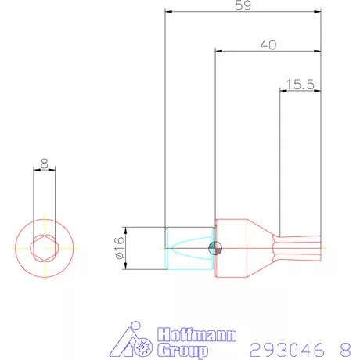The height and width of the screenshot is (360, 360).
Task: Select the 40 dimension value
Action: point(268,45)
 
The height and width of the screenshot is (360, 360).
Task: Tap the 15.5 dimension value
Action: point(299,84)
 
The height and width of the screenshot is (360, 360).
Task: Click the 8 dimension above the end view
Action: point(45,165)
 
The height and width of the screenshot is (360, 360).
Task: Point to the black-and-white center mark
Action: point(216,248)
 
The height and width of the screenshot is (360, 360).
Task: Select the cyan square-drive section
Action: point(189,248)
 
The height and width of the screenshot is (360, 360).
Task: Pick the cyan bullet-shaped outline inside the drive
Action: point(188,248)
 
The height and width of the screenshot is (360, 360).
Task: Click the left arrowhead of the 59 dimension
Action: point(169,12)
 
